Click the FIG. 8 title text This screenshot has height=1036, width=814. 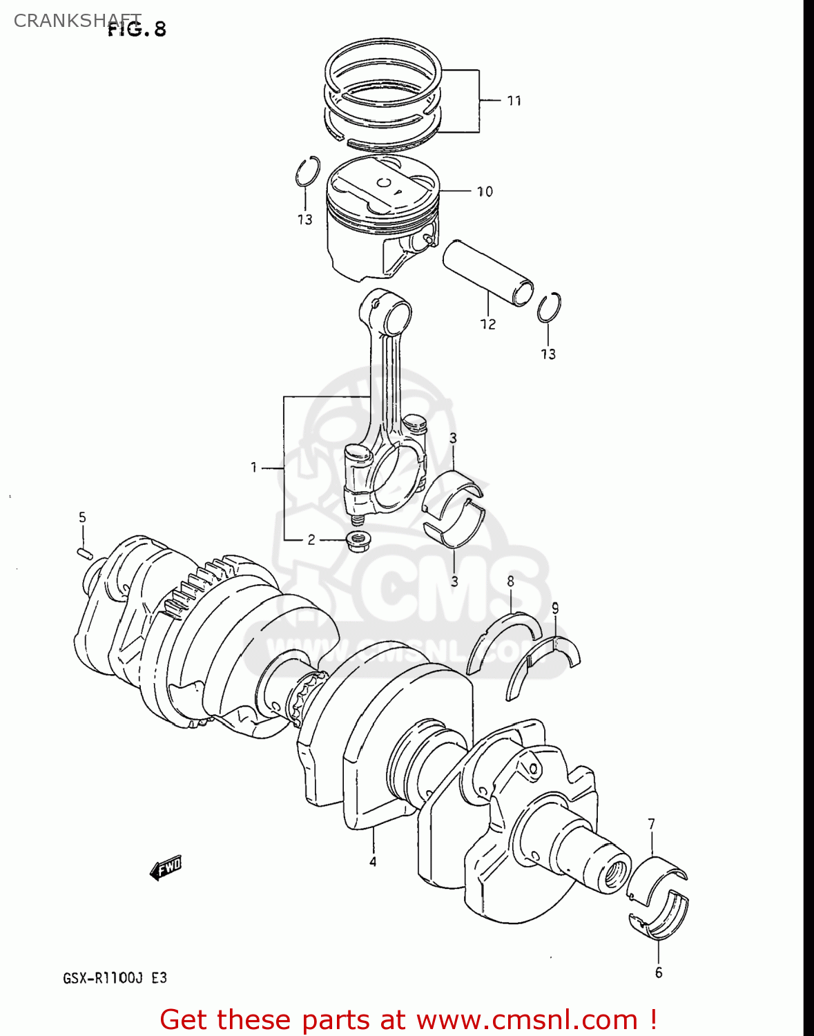tap(137, 29)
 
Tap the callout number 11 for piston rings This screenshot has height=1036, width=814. tap(514, 101)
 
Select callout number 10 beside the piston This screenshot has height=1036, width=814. tap(485, 191)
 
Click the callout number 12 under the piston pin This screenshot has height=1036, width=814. tap(487, 324)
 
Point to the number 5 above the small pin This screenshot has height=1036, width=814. tap(82, 517)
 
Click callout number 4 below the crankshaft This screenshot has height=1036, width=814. tap(373, 861)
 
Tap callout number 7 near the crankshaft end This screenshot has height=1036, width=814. tap(651, 823)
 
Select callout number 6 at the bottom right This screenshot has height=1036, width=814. tap(658, 972)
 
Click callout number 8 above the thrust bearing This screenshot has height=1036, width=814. tap(510, 581)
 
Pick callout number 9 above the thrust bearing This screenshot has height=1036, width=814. tap(555, 608)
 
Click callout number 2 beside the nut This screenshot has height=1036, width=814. tap(311, 539)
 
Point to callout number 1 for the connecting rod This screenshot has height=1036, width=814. tap(254, 468)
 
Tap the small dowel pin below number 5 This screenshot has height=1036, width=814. tap(84, 552)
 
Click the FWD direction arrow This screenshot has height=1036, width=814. tap(166, 867)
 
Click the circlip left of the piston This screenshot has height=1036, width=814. tap(307, 171)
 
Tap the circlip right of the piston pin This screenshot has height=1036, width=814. tap(549, 307)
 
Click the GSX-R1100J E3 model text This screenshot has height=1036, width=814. tap(115, 978)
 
